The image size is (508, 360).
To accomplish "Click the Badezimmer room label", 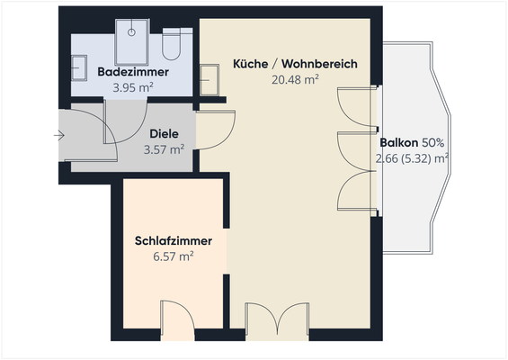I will tap(129, 71).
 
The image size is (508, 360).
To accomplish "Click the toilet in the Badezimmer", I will tap(173, 44).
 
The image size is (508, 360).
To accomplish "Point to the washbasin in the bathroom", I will tap(79, 67).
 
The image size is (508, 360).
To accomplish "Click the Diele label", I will tap(164, 133).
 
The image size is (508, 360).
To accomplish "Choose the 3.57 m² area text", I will tap(164, 149).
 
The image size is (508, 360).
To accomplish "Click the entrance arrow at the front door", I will tap(59, 136).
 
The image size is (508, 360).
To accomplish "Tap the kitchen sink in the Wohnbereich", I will tap(209, 77).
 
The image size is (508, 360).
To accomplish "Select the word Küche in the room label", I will tap(250, 64).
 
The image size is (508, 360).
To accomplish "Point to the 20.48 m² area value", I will tap(296, 80).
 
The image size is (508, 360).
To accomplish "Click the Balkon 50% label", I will tap(416, 142).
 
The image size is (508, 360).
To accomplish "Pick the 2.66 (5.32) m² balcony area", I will tap(413, 158).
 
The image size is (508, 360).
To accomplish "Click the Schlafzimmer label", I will tap(174, 241).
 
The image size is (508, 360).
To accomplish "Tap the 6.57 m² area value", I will tap(174, 257).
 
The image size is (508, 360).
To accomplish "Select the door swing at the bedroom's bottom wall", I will tap(175, 317).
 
